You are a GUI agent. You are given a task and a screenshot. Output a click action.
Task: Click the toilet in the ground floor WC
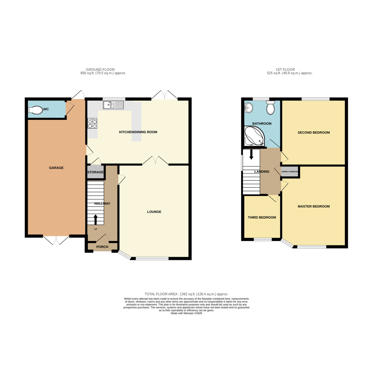point(35,110)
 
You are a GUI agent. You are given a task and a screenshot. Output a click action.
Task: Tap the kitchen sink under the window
point(113,105)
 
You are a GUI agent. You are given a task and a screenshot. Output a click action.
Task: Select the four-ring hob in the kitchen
point(92,124)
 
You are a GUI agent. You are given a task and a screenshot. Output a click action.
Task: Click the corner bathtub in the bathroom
point(254,136)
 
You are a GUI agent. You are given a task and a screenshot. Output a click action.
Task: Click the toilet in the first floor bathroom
point(270,108)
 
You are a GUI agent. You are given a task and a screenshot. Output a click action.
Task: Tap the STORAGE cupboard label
point(95,172)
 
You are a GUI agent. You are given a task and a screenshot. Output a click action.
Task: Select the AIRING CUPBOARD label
point(290,172)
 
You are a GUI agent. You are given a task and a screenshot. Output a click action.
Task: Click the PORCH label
point(102,247)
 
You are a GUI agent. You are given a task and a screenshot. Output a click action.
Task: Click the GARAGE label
point(56,168)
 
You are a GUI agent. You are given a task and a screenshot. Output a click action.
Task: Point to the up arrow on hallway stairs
point(95,219)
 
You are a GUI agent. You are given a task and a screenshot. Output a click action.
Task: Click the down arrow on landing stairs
point(251,154)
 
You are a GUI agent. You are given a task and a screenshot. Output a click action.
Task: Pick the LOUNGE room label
point(154,212)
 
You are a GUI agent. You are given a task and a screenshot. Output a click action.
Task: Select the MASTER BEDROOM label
point(314,206)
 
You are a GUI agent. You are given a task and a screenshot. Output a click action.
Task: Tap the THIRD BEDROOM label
point(262,218)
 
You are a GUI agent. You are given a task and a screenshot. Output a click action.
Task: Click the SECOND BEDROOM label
point(314,133)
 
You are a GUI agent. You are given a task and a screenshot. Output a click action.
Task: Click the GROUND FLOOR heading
point(100,70)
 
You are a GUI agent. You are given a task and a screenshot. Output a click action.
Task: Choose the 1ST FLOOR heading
point(285,70)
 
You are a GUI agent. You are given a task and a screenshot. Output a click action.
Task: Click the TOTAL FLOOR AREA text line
point(186,294)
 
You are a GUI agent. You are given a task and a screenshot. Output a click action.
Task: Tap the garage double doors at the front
point(56,240)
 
